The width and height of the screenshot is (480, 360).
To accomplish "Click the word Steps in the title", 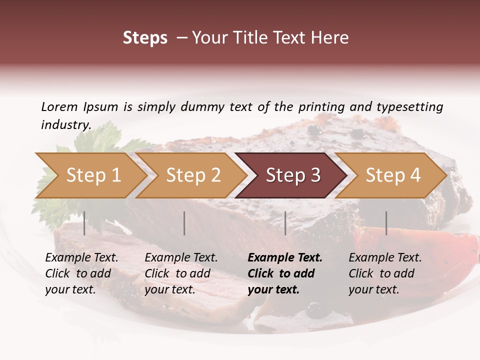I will (x=145, y=38).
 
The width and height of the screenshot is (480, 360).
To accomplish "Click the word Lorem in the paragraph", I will (x=59, y=106).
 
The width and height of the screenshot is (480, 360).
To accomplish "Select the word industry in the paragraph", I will (x=65, y=125).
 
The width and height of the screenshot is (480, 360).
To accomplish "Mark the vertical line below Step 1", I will (x=84, y=223).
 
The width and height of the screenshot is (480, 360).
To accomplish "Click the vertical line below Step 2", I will (x=184, y=223).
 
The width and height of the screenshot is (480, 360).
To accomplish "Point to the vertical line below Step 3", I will (x=285, y=223).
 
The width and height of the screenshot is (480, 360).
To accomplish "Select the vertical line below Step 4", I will (x=386, y=223).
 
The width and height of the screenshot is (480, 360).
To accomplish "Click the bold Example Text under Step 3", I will (x=285, y=258).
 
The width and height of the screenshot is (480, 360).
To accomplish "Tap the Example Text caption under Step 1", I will (x=81, y=258).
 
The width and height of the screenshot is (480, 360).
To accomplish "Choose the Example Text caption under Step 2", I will (x=181, y=258).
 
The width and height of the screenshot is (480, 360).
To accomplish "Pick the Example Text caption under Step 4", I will (x=385, y=258).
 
